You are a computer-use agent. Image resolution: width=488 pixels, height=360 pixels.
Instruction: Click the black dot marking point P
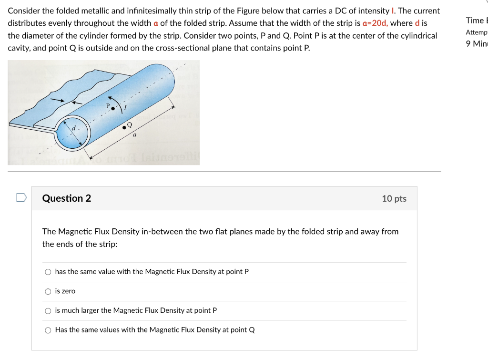pyautogui.click(x=113, y=109)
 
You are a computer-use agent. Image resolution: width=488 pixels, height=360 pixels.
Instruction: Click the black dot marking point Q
pyautogui.click(x=124, y=127)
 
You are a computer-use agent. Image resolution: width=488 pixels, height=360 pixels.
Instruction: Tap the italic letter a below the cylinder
pyautogui.click(x=134, y=135)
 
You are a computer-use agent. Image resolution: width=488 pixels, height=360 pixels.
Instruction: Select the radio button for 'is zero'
pyautogui.click(x=48, y=291)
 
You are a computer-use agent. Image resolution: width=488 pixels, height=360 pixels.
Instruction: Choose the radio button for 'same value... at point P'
pyautogui.click(x=48, y=272)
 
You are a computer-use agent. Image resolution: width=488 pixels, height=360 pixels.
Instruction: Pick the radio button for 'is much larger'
pyautogui.click(x=48, y=310)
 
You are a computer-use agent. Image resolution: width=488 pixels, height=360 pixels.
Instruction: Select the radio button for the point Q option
pyautogui.click(x=48, y=330)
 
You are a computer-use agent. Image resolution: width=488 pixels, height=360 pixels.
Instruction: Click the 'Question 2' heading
pyautogui.click(x=67, y=198)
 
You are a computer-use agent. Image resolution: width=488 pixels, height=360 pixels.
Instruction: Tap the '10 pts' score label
pyautogui.click(x=394, y=198)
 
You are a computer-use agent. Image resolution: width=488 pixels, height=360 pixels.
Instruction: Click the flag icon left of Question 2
pyautogui.click(x=20, y=197)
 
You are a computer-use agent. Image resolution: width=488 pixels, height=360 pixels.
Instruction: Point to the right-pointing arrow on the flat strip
pyautogui.click(x=58, y=100)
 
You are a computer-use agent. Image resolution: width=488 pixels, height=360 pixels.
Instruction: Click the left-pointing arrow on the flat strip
pyautogui.click(x=76, y=102)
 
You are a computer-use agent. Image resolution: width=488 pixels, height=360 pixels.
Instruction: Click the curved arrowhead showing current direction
pyautogui.click(x=112, y=98)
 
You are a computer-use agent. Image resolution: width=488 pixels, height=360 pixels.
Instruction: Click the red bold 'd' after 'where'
pyautogui.click(x=417, y=23)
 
